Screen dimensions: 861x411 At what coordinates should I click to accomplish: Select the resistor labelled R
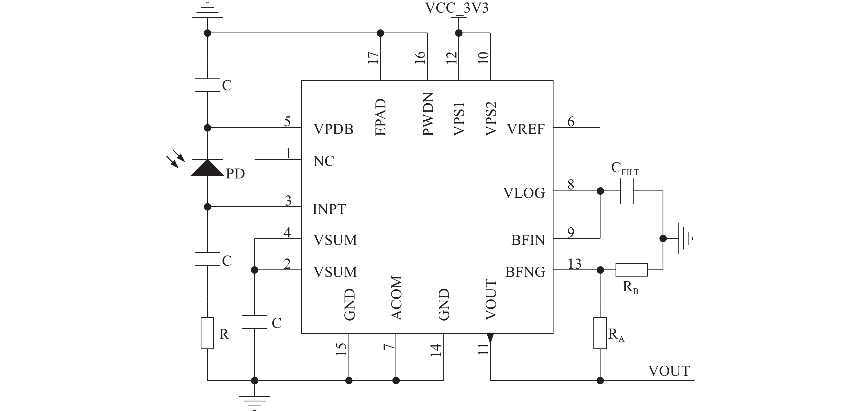coord(207,333)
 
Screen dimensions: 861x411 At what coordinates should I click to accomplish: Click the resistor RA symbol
coord(600,333)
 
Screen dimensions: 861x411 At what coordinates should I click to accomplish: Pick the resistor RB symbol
coord(631,270)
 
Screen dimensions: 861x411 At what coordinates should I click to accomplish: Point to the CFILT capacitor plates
coord(627,191)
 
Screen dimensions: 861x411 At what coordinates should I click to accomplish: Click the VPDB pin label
coord(333,129)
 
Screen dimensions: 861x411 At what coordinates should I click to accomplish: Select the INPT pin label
coord(329,209)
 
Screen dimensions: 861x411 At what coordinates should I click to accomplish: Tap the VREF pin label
coord(526,129)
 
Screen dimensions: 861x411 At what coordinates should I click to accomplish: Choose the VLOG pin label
coord(524,193)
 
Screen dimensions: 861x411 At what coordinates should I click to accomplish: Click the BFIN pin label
coord(528,240)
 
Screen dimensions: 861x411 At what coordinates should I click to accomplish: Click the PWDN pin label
coord(428,114)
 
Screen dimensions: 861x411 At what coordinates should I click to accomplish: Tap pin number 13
coord(575,264)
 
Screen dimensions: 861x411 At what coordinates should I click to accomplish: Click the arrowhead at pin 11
coord(490,338)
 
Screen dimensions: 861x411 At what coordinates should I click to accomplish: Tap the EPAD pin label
coord(381,117)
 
